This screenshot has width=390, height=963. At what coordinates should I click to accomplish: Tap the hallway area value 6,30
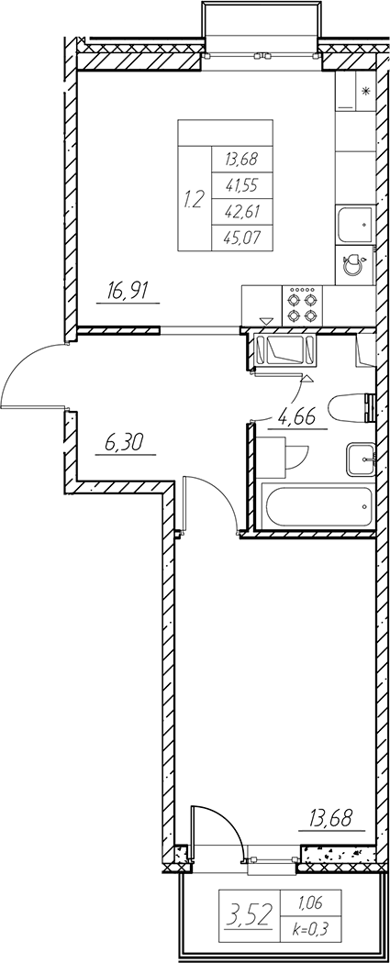(126, 443)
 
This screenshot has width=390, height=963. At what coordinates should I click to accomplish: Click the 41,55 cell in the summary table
(240, 184)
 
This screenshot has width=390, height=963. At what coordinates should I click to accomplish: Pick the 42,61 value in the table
(240, 211)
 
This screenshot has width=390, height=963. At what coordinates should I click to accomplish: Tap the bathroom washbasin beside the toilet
(361, 459)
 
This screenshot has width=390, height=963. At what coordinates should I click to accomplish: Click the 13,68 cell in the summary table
(240, 159)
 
